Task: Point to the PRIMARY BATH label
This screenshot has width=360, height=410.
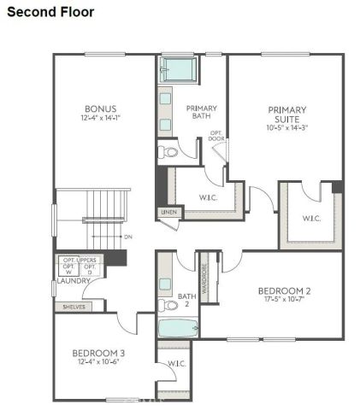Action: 202,113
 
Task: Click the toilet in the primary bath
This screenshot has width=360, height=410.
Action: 168,153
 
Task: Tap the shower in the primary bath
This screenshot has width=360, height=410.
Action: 180,68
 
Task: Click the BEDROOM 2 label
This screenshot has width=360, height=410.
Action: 284,291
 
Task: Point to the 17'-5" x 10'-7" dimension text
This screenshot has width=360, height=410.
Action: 284,302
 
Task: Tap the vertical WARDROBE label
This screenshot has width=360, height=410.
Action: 204,275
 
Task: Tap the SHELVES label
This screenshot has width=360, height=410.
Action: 71,306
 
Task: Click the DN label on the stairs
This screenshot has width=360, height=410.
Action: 127,237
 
